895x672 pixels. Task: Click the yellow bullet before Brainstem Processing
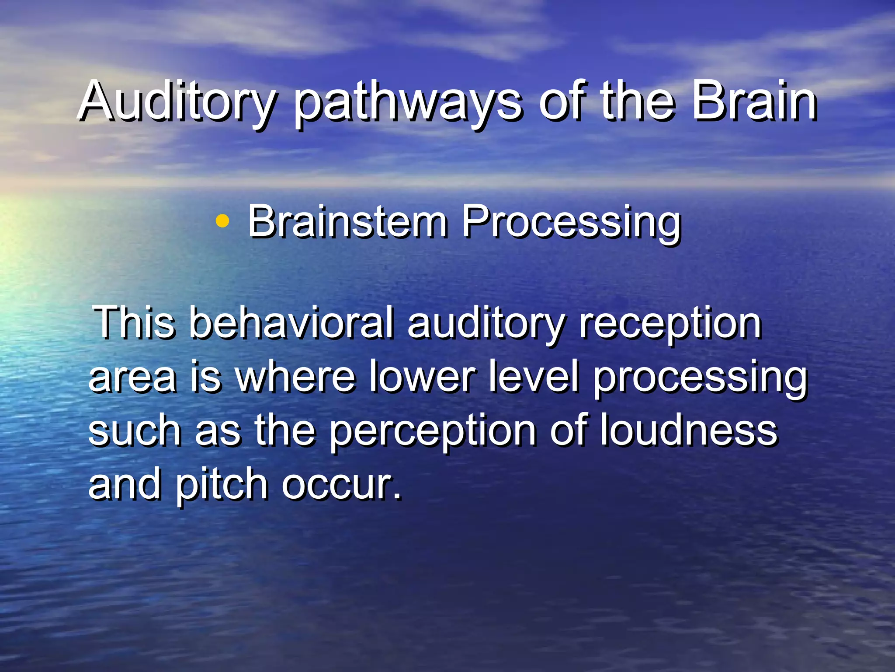tap(222, 221)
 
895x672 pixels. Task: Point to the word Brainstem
tap(347, 222)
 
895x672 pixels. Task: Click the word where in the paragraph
tap(296, 376)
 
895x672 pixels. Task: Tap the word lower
tap(423, 376)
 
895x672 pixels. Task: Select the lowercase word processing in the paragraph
tap(700, 378)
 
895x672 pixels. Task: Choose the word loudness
tap(688, 430)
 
